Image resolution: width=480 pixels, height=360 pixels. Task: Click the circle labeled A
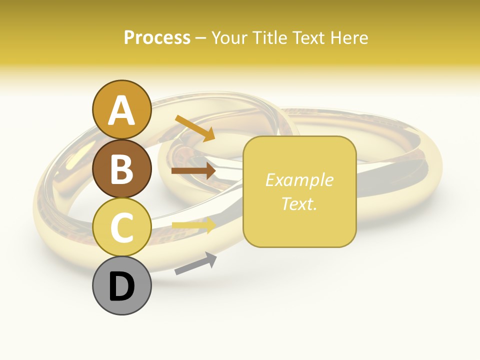[121, 109]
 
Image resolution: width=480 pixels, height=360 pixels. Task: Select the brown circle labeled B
[121, 168]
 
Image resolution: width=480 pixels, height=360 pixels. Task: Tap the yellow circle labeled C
[121, 227]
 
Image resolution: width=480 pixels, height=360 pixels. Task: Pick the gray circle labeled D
[121, 286]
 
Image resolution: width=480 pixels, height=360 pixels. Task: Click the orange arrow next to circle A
[195, 128]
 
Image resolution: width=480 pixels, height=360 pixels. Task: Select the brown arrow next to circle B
[193, 171]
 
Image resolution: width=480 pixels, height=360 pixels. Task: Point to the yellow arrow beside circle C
[193, 225]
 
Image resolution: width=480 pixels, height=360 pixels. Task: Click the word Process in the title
[157, 37]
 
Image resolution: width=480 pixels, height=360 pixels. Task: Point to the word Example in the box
[299, 180]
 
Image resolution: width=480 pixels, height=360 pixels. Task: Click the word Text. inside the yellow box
[299, 203]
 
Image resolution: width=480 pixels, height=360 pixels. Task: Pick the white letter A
[121, 110]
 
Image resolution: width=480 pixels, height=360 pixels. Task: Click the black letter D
[121, 286]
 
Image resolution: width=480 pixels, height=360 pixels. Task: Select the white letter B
[121, 169]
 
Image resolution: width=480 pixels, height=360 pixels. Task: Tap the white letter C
[121, 228]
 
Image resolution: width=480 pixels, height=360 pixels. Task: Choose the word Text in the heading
[310, 37]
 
